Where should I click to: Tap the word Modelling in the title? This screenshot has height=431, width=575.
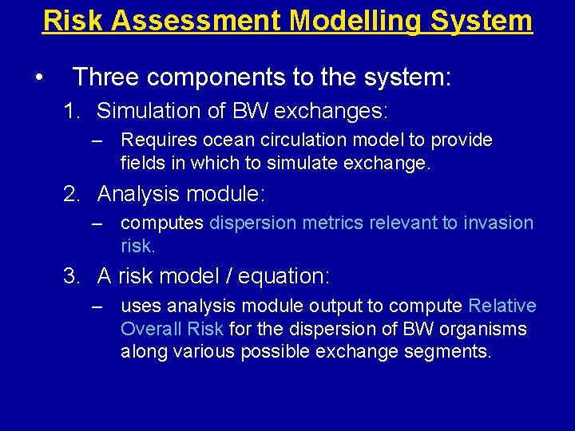click(x=357, y=20)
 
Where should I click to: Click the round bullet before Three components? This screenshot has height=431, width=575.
click(x=38, y=78)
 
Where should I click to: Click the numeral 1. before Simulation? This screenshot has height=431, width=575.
click(x=73, y=111)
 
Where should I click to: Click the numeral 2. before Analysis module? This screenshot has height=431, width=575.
click(x=73, y=194)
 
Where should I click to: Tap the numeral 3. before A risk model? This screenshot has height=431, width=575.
click(x=73, y=277)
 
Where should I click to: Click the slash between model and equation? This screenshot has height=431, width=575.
click(x=240, y=277)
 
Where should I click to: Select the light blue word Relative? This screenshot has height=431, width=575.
click(x=502, y=306)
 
